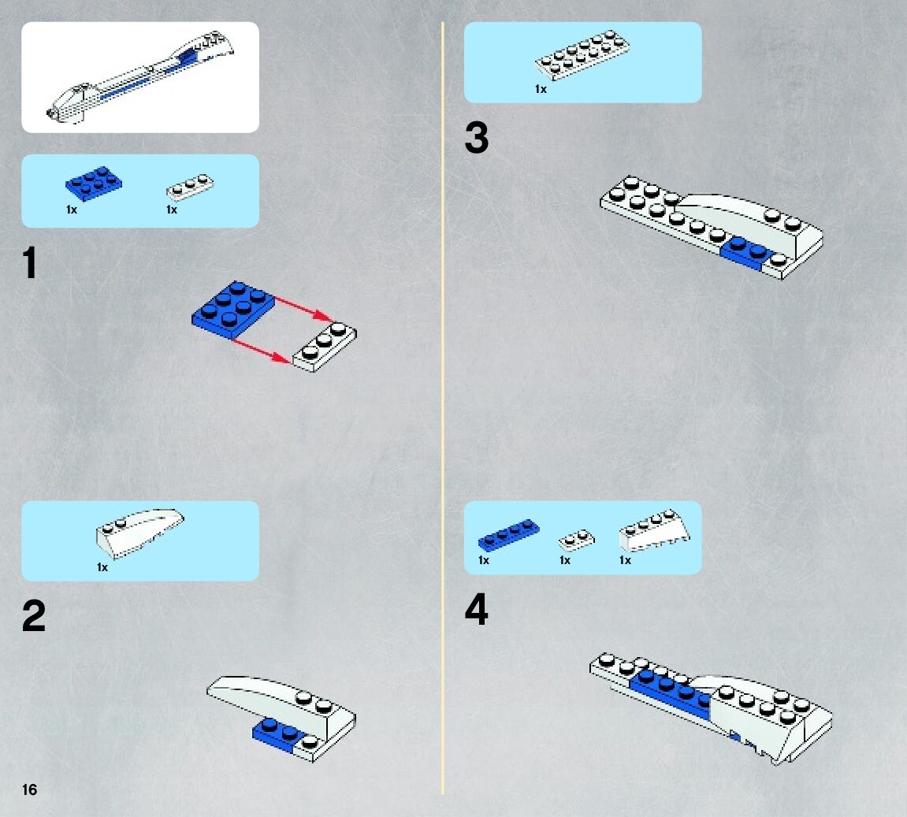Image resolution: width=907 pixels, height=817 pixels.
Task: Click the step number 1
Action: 29,263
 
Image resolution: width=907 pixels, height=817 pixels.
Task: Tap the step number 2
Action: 34,616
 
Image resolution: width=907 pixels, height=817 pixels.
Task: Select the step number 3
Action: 476,138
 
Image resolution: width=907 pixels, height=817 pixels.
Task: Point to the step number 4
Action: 476,609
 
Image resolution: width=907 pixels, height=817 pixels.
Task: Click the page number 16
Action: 29,790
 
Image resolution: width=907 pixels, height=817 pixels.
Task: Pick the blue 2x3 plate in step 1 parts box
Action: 93,184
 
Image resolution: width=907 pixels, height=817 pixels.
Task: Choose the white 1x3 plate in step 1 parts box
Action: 190,187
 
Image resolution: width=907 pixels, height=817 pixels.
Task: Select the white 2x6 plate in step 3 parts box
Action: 582,55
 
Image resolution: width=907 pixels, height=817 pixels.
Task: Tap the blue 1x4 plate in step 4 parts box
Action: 508,535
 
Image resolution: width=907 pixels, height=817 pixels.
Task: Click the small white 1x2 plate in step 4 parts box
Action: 576,540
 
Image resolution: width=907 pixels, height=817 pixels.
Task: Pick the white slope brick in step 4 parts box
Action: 654,530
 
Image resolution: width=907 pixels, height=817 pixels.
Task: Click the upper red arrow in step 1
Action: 303,309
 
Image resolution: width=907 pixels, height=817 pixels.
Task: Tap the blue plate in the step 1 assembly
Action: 233,310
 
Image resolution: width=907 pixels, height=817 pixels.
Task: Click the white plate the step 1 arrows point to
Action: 325,347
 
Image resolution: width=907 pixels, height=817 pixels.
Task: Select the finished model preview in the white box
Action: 140,76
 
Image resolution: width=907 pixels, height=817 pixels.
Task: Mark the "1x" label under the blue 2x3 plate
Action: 71,210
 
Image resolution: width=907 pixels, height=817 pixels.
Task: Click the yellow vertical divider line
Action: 443,408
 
